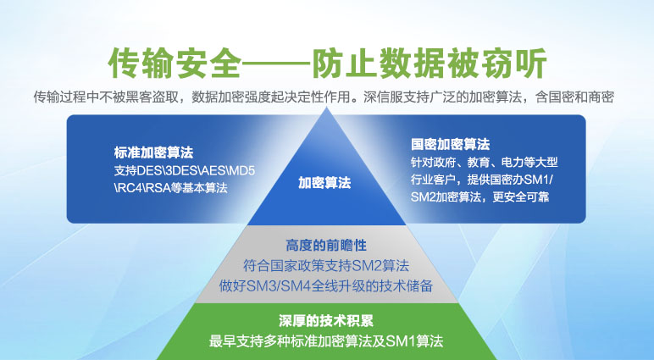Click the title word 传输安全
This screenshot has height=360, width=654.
point(175,64)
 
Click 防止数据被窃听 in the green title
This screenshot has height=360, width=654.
point(430,64)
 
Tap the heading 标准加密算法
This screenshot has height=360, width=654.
point(153,152)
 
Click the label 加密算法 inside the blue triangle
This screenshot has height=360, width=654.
point(324,183)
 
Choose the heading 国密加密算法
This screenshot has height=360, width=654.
point(450,144)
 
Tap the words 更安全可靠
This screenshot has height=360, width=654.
point(520,197)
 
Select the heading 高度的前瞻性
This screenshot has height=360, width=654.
point(326,246)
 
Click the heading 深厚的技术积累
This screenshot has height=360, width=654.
point(326,321)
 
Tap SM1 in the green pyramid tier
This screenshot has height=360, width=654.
point(401,341)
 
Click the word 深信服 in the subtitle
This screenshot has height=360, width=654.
point(383,97)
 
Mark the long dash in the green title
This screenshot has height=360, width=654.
point(276,64)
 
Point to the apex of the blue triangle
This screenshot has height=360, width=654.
point(327,108)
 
